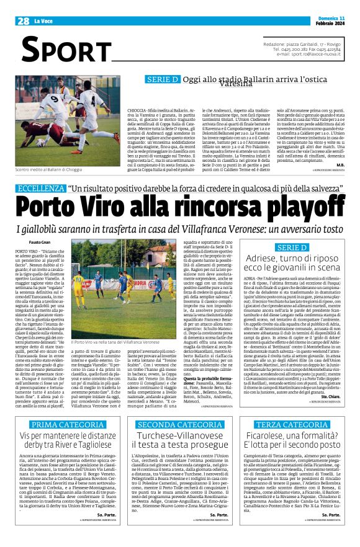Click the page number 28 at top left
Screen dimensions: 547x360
[23, 20]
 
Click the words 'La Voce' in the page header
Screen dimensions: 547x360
[43, 21]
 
